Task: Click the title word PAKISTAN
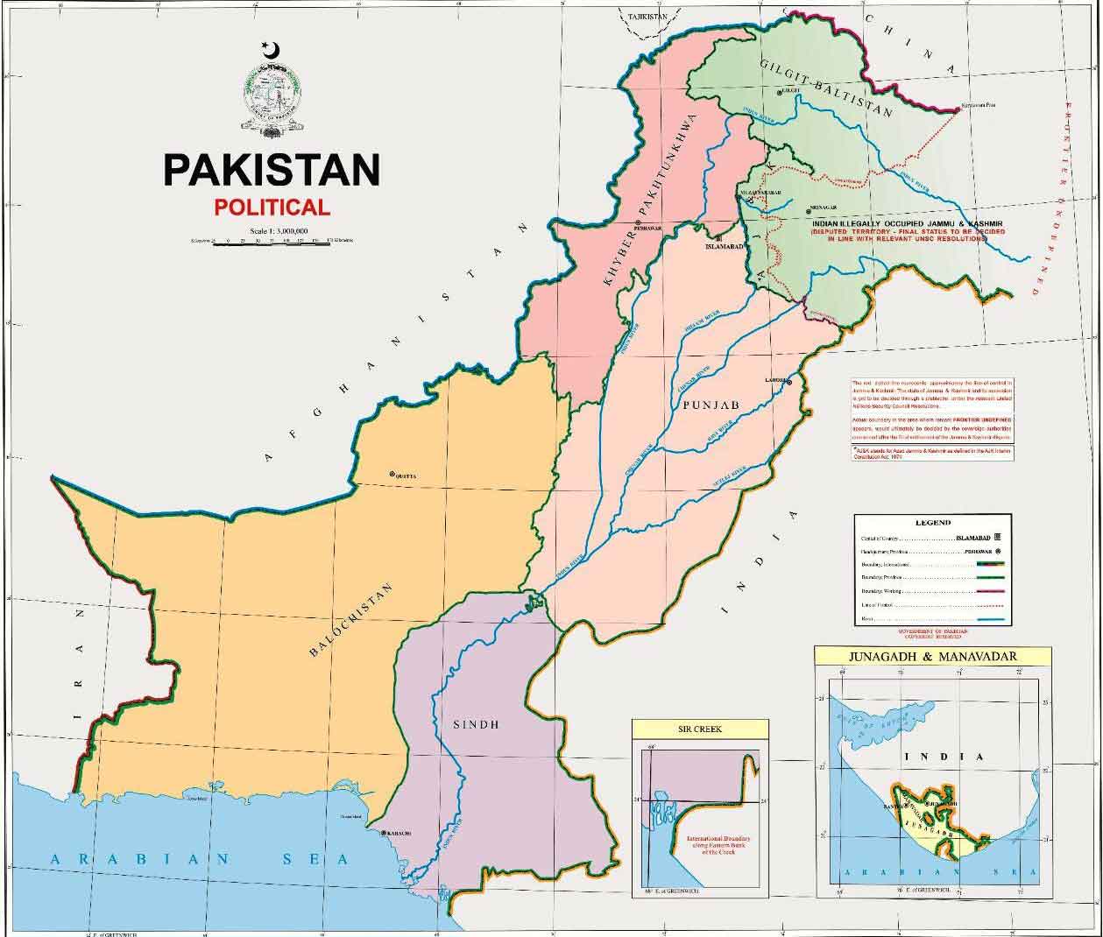tap(272, 170)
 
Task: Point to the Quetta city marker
tap(392, 475)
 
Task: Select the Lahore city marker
tap(789, 382)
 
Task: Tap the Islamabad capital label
tap(724, 247)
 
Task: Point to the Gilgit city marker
tap(779, 92)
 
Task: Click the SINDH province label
tap(477, 724)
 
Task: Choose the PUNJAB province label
tap(709, 404)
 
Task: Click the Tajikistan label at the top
tap(641, 17)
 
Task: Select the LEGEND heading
tap(932, 523)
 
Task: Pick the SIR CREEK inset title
tap(700, 729)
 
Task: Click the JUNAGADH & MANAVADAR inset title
tap(923, 656)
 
